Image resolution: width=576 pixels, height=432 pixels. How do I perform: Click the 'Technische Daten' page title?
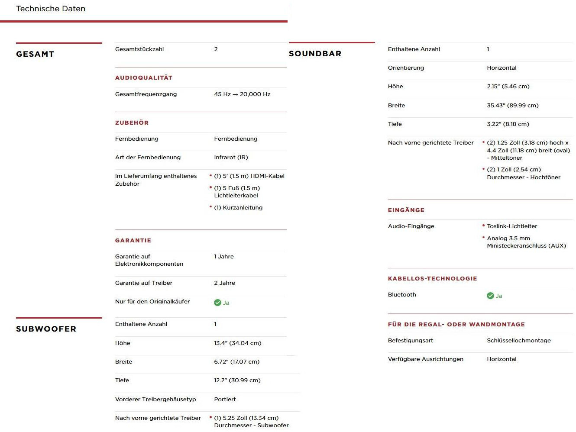[x=51, y=9]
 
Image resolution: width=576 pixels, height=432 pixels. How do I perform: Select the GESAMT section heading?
[x=35, y=54]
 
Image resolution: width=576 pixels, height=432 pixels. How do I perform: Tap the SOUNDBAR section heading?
[x=315, y=54]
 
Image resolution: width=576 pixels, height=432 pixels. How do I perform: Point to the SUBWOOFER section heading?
[x=46, y=329]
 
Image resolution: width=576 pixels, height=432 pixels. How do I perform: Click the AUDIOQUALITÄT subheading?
[x=144, y=78]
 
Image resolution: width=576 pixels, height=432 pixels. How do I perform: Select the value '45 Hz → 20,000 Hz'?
[x=242, y=94]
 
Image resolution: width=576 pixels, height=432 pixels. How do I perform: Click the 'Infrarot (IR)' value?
[x=231, y=158]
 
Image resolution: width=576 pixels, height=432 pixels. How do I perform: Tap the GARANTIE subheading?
[x=133, y=241]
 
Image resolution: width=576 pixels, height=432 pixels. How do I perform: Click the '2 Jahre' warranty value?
[x=224, y=283]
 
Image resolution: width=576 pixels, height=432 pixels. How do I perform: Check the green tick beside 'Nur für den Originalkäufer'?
[x=217, y=303]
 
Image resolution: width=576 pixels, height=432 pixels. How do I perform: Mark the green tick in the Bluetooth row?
[x=490, y=296]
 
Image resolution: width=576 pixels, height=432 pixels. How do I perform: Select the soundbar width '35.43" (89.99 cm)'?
[x=512, y=106]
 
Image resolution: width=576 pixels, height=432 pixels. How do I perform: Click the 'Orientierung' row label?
[x=406, y=68]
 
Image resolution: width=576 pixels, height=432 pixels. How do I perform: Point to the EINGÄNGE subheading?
[x=406, y=210]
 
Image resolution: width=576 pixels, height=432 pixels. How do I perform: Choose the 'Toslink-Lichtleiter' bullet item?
[x=512, y=226]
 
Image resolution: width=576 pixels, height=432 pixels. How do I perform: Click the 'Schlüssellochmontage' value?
[x=518, y=341]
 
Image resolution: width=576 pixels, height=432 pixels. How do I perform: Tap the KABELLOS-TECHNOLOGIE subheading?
[x=432, y=279]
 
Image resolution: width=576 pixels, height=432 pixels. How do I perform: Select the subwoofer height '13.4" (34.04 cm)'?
[x=237, y=343]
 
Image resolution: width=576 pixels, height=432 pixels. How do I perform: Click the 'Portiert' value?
[x=225, y=400]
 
